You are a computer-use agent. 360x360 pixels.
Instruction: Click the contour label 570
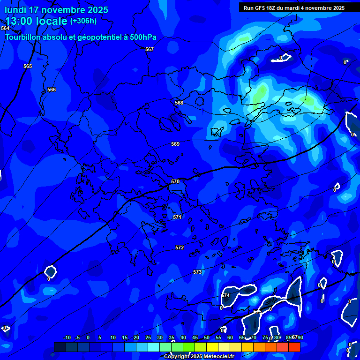(x=175, y=181)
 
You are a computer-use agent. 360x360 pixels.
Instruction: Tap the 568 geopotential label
(x=179, y=103)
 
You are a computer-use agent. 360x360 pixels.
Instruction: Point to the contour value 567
(x=150, y=49)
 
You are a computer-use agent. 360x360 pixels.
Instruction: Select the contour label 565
(x=28, y=66)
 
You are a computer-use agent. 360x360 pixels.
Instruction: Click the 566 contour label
(x=52, y=90)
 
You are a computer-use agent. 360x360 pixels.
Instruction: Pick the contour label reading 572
(x=180, y=247)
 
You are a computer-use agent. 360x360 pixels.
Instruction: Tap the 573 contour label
(x=197, y=272)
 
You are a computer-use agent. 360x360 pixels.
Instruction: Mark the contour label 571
(x=177, y=217)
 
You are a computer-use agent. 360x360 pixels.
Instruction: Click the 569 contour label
(x=175, y=144)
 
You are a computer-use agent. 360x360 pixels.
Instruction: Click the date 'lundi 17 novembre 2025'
(x=56, y=10)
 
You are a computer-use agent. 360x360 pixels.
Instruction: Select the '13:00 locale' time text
(x=37, y=21)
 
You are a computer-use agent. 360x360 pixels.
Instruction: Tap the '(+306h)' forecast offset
(x=83, y=21)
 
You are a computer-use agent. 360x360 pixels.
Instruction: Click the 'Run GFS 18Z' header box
(x=294, y=8)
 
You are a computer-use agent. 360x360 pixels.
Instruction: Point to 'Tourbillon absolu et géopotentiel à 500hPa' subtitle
(x=81, y=37)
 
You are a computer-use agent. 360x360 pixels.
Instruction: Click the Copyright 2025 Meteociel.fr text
(x=199, y=356)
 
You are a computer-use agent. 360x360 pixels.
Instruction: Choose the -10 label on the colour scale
(x=67, y=337)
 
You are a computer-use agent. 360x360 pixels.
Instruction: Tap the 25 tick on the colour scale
(x=148, y=337)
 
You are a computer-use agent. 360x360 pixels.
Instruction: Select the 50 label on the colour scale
(x=207, y=337)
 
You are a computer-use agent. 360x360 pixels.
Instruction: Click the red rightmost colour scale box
(x=294, y=347)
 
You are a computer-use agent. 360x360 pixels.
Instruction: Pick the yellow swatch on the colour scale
(x=212, y=347)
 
